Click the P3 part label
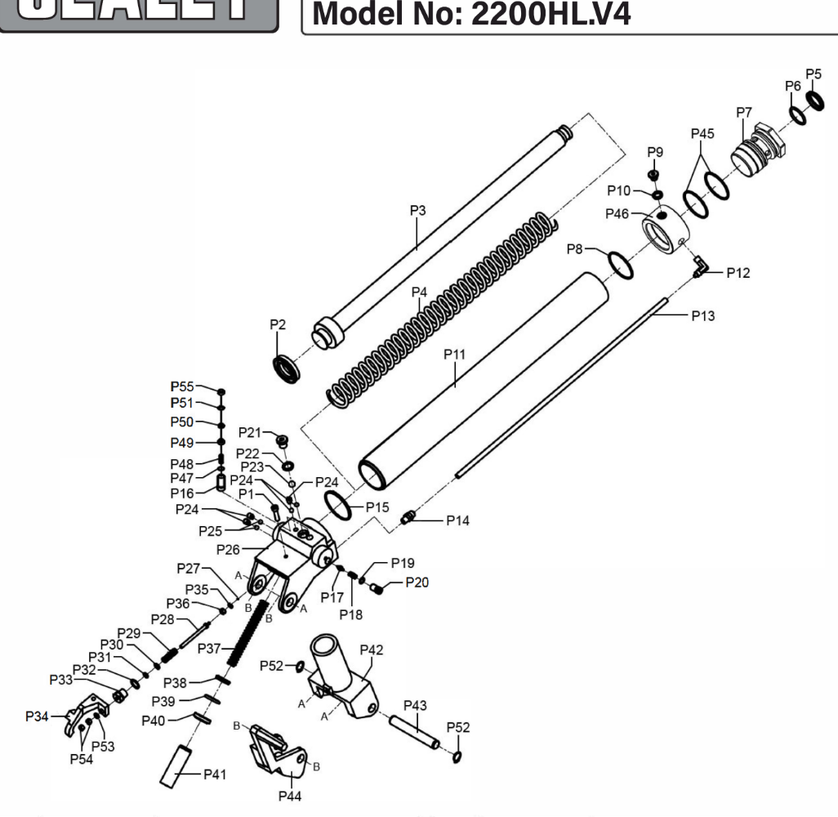click(418, 211)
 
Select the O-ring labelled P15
click(338, 505)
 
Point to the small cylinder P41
click(176, 768)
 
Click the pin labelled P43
click(415, 732)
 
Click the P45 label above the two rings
click(702, 132)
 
